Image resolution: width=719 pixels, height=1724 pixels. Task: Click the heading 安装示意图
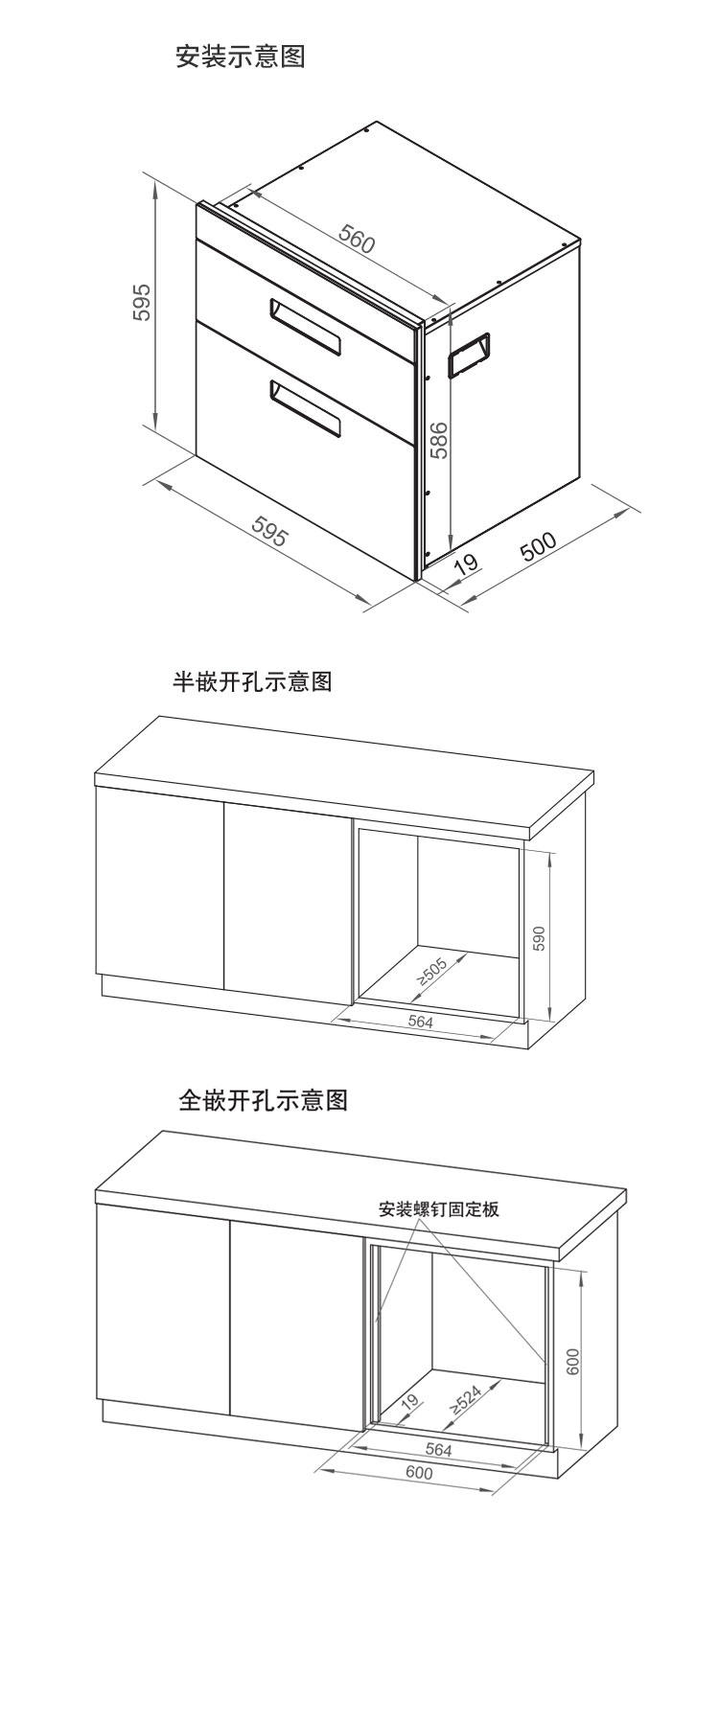(241, 57)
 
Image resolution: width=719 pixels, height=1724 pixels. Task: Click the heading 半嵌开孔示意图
(251, 682)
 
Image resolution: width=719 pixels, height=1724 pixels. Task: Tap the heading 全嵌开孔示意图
(264, 1100)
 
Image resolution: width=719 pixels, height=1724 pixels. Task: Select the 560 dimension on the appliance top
(356, 239)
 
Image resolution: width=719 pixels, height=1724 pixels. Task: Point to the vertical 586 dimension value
(438, 441)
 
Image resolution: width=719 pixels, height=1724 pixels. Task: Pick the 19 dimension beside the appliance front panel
(466, 563)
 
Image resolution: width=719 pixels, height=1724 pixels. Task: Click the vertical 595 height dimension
(141, 303)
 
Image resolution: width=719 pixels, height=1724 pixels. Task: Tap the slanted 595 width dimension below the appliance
(270, 531)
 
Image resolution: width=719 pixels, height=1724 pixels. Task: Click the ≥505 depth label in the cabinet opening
(432, 974)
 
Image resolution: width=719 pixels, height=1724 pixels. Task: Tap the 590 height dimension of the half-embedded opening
(539, 939)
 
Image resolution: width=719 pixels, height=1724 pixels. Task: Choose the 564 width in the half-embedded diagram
(421, 1023)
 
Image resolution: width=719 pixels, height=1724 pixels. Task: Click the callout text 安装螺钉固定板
(439, 1209)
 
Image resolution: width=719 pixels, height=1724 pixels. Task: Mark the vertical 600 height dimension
(573, 1362)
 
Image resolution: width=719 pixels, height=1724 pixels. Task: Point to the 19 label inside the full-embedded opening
(410, 1402)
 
